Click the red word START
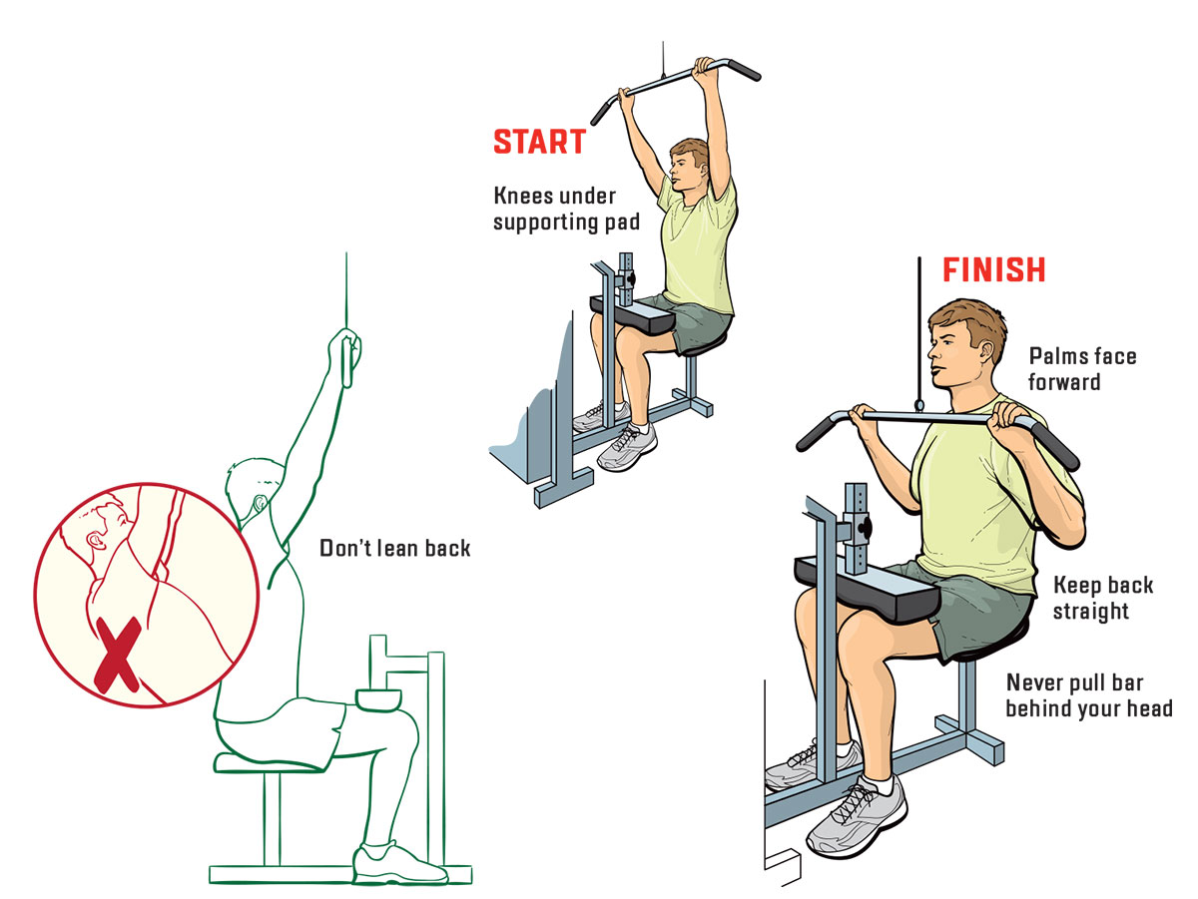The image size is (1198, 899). (539, 142)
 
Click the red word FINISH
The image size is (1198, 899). (994, 269)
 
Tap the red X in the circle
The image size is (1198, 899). (117, 655)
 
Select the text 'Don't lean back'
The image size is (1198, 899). (394, 548)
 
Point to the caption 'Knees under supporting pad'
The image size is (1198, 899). (566, 209)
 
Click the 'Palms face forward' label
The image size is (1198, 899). (1082, 369)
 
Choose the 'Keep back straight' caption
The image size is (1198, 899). (1102, 598)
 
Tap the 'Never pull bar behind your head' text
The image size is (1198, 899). (1089, 695)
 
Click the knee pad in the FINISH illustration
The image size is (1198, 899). (867, 589)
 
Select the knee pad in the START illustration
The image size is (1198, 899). (633, 315)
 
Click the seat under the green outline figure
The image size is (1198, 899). (269, 762)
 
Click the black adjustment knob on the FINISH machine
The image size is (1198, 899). (866, 528)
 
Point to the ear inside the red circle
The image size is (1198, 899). (97, 541)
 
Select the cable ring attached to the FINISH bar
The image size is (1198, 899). (919, 405)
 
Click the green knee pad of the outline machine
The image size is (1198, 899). (378, 699)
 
